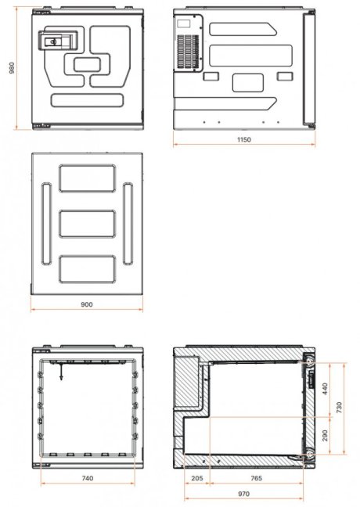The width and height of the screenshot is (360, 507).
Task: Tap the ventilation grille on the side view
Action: [186, 52]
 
